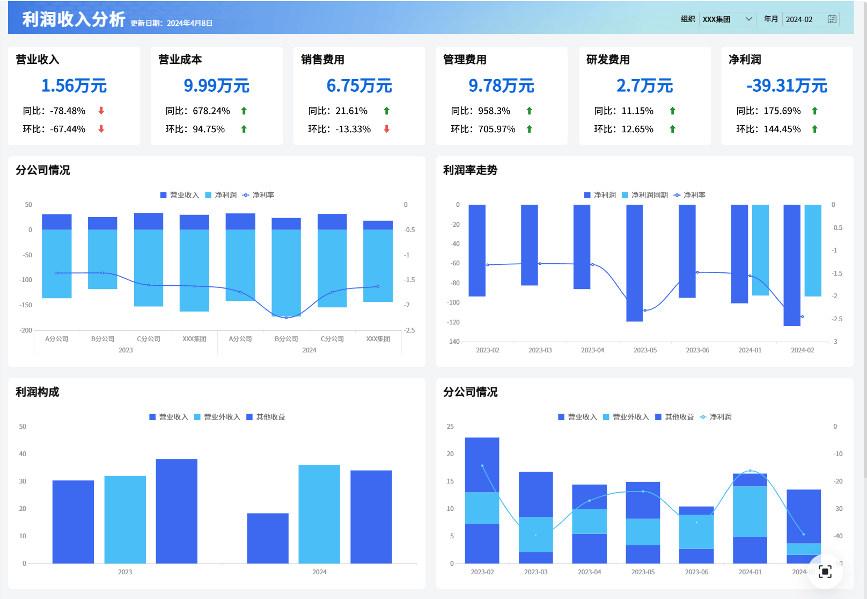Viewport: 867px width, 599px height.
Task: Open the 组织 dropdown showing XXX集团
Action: (728, 19)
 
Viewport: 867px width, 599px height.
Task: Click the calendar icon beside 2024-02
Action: (832, 19)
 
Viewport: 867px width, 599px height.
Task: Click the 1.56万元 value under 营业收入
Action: (74, 85)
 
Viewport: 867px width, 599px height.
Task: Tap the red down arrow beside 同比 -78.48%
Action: (101, 111)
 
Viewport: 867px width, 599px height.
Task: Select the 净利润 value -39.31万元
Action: (787, 85)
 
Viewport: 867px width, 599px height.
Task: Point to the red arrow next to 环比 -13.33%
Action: (386, 129)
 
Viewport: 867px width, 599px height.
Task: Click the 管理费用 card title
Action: (465, 60)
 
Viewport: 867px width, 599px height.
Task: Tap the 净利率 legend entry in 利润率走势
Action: (690, 195)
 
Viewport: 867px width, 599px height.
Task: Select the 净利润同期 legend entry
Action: (645, 195)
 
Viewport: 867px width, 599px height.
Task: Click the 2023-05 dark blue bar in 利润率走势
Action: (634, 263)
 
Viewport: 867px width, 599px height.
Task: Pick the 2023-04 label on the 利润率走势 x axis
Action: (592, 350)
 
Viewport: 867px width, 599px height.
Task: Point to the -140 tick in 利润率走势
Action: (453, 341)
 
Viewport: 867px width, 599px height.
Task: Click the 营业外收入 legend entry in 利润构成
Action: (217, 417)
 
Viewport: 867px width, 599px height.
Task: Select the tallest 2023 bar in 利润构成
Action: (177, 511)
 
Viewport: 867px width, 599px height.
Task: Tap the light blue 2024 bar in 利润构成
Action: (319, 514)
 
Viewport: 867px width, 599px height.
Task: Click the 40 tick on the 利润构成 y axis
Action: (23, 454)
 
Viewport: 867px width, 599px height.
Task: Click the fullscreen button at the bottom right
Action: (825, 572)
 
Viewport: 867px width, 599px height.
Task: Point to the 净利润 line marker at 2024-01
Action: (750, 471)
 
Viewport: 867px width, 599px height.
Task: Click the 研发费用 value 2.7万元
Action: (644, 85)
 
